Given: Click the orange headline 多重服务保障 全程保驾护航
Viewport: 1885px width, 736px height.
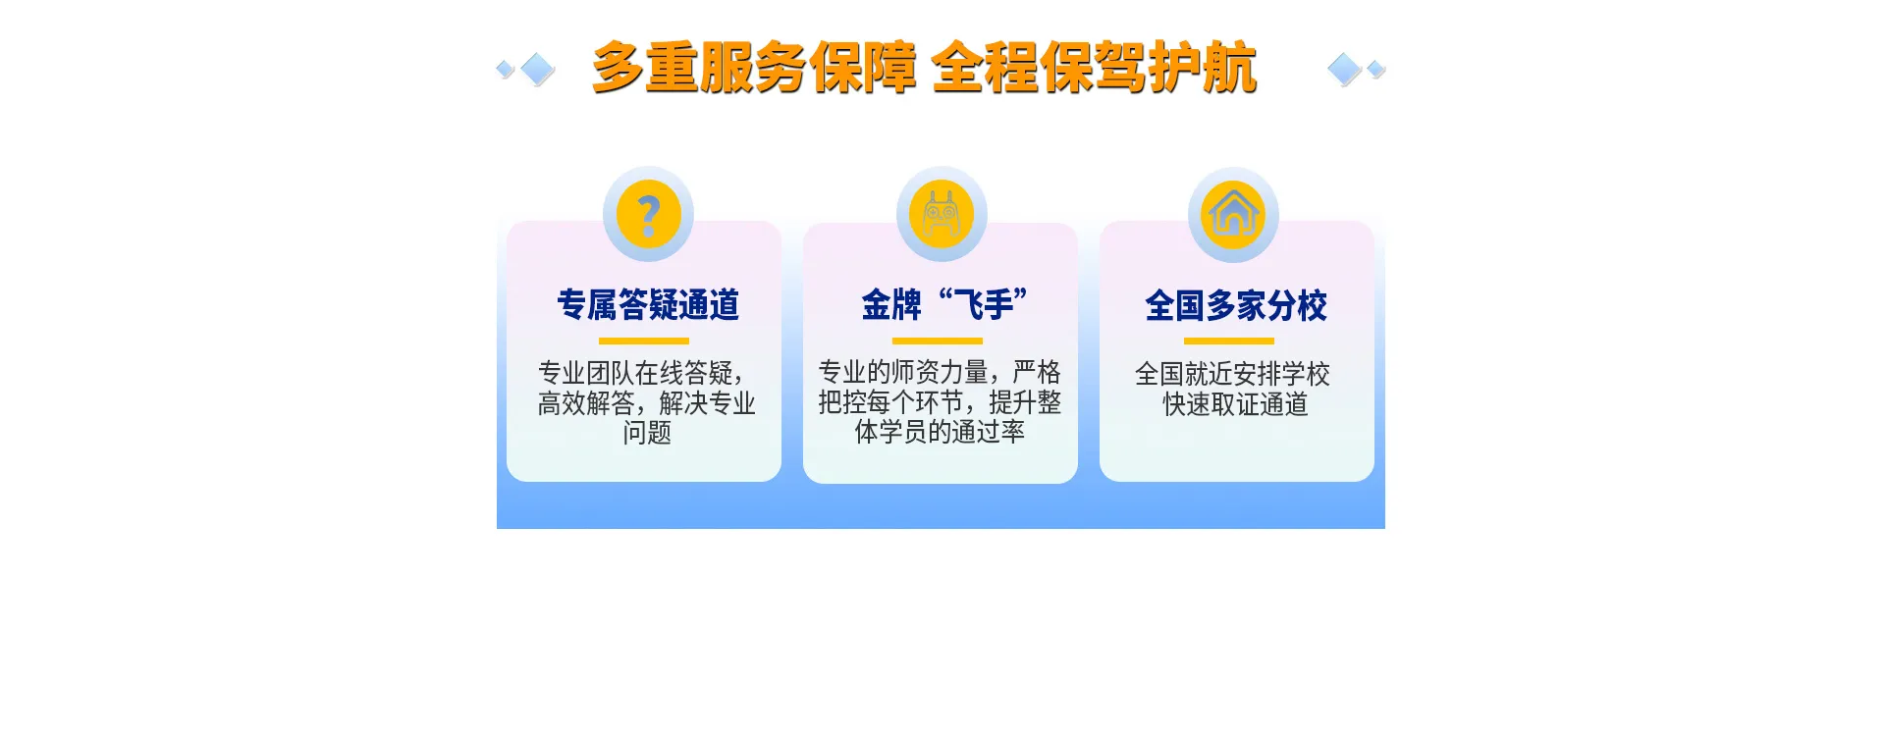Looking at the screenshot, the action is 924,68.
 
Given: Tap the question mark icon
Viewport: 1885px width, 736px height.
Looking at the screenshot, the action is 648,214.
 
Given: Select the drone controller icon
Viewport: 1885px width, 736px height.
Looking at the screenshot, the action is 942,214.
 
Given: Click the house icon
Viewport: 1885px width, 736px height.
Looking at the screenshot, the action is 1233,214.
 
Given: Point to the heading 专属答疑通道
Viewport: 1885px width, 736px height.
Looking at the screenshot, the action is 648,305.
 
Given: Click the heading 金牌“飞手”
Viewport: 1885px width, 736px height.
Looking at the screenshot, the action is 944,304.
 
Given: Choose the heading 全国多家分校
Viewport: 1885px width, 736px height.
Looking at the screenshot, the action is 1236,306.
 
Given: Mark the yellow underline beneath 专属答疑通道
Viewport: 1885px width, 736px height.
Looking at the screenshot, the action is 644,342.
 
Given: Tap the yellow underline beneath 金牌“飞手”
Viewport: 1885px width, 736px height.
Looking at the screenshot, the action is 938,342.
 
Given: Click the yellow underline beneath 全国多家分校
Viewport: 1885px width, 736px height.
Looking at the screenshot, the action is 1229,342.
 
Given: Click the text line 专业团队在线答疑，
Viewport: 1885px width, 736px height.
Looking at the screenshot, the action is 643,373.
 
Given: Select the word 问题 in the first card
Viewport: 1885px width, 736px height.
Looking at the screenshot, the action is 647,433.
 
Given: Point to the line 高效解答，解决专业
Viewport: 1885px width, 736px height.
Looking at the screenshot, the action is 647,403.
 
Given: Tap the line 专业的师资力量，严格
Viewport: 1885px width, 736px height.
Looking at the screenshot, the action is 940,372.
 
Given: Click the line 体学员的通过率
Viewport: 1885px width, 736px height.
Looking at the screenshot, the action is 940,432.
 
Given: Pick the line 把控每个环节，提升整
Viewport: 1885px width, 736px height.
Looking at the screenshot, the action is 940,402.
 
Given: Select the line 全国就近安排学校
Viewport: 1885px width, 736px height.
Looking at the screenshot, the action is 1232,374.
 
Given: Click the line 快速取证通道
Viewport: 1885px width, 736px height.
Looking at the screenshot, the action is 1236,404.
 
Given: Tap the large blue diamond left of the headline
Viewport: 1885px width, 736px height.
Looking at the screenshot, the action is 537,69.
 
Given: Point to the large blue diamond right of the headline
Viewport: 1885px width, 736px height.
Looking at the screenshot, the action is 1344,69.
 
